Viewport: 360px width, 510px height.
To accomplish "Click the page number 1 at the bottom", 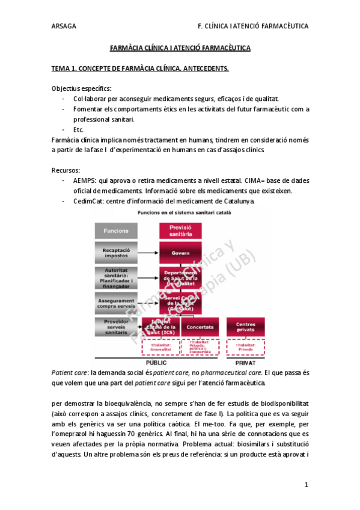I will [x=306, y=484].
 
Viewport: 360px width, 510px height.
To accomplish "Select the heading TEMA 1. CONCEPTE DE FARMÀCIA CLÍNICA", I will [x=140, y=68].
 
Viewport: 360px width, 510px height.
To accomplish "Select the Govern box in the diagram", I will [x=180, y=253].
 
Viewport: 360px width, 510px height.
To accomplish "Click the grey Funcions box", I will [x=116, y=231].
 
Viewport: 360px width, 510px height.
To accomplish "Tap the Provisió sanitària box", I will [x=180, y=231].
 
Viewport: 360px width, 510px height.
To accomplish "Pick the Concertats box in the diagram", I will [x=200, y=327].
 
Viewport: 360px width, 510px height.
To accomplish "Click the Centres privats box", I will [x=246, y=327].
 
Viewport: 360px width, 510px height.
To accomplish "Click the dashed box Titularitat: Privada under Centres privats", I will [x=246, y=347].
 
